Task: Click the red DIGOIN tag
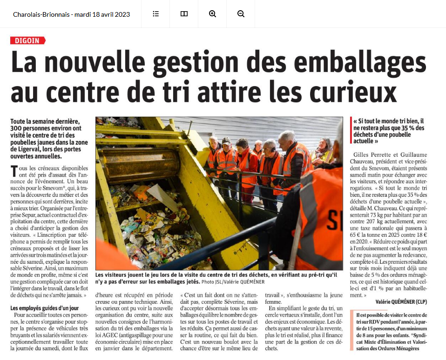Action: (27, 40)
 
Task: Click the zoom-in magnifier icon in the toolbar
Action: (212, 14)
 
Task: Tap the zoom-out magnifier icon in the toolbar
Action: (241, 14)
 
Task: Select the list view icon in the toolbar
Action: (155, 14)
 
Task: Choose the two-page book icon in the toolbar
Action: (184, 14)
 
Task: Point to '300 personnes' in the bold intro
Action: (30, 128)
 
